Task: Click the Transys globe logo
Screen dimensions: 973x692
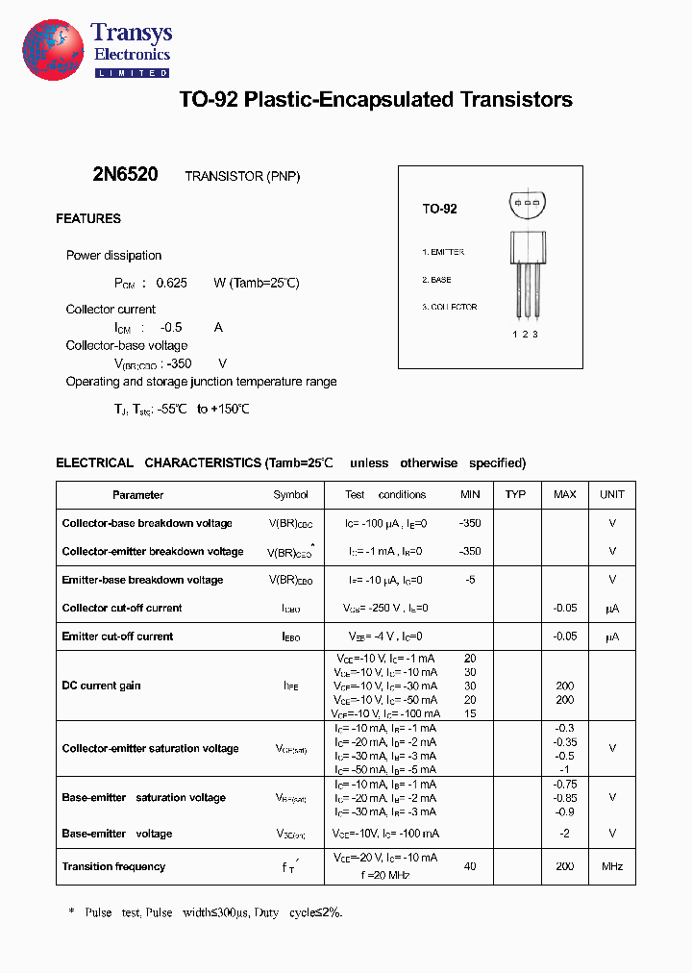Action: (x=53, y=48)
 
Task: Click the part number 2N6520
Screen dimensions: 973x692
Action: (x=125, y=175)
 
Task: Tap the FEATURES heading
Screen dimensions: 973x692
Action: (x=88, y=219)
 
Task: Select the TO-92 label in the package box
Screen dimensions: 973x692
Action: (x=439, y=209)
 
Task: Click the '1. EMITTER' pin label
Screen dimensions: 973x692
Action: (x=443, y=252)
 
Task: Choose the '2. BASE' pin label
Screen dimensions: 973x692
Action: (x=436, y=280)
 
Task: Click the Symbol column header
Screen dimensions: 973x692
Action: (x=290, y=495)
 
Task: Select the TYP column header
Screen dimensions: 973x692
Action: (x=516, y=494)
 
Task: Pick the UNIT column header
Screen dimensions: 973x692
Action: (x=612, y=494)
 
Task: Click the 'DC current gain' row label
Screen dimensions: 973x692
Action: (x=101, y=686)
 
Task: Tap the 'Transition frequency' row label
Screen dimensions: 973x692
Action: (x=113, y=867)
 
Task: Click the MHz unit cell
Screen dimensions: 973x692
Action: (x=612, y=867)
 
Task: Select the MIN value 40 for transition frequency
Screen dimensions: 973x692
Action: (x=470, y=867)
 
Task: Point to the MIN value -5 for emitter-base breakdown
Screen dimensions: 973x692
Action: (x=470, y=580)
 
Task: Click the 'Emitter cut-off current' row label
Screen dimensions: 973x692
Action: (x=117, y=636)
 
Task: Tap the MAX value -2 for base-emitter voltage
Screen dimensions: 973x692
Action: (x=565, y=834)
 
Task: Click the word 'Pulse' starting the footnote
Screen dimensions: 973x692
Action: (x=99, y=912)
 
